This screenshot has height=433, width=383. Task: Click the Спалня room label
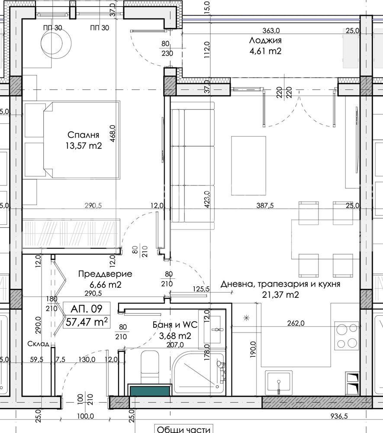click(x=84, y=135)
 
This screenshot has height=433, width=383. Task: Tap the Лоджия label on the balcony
click(x=265, y=40)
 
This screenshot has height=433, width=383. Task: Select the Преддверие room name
click(x=105, y=274)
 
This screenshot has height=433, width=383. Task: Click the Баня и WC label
click(x=175, y=325)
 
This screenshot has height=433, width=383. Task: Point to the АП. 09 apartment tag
click(x=87, y=308)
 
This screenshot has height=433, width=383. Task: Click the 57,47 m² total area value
click(x=87, y=322)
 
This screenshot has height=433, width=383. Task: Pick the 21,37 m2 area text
click(x=280, y=294)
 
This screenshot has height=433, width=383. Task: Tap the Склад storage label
click(x=39, y=344)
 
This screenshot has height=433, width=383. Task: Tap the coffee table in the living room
click(x=248, y=165)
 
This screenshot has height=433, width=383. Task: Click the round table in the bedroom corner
click(x=56, y=43)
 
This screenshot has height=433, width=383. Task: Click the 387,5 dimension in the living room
click(x=265, y=205)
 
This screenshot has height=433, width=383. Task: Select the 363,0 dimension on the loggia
click(x=271, y=30)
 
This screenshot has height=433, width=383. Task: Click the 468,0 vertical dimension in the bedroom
click(x=113, y=133)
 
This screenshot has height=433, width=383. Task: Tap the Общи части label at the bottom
click(x=183, y=429)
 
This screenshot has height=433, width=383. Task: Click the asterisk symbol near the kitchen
click(x=246, y=318)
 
